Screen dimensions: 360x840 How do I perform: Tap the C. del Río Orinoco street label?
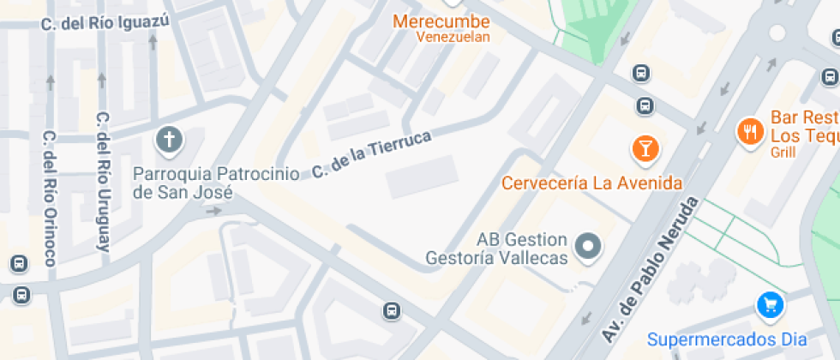coord(49,198)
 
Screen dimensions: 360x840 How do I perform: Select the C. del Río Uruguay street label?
coord(104,181)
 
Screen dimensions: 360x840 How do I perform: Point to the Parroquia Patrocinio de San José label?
coord(216,183)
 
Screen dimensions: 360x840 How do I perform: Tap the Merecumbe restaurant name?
coord(441,21)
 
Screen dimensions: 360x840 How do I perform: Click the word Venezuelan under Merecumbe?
coord(453,37)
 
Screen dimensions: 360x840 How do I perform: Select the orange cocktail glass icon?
coord(645,149)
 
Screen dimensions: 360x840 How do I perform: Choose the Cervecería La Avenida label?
coord(592,183)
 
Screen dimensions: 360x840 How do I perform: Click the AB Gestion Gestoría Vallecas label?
coord(497,249)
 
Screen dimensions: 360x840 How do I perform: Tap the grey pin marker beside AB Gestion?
coord(588,248)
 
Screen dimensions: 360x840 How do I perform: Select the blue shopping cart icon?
coord(769,304)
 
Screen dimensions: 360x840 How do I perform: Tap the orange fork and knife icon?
coord(750,131)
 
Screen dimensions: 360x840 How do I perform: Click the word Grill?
coord(783,153)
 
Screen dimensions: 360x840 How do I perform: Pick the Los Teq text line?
coord(804,135)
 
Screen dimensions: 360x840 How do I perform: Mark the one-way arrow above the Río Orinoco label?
coord(51,83)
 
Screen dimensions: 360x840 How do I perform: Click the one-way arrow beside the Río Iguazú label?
coord(153,41)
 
